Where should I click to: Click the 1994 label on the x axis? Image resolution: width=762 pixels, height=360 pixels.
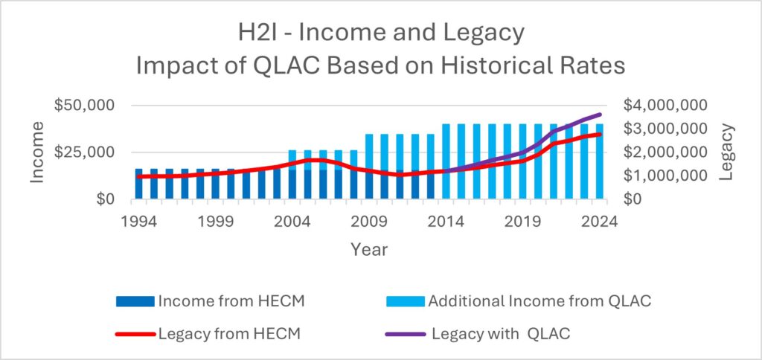pyautogui.click(x=138, y=221)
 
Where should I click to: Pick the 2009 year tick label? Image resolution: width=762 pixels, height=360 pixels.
pyautogui.click(x=368, y=221)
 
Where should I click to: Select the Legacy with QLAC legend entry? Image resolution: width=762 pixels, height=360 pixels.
pyautogui.click(x=501, y=334)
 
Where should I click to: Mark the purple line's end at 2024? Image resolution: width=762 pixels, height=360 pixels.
pyautogui.click(x=600, y=115)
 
